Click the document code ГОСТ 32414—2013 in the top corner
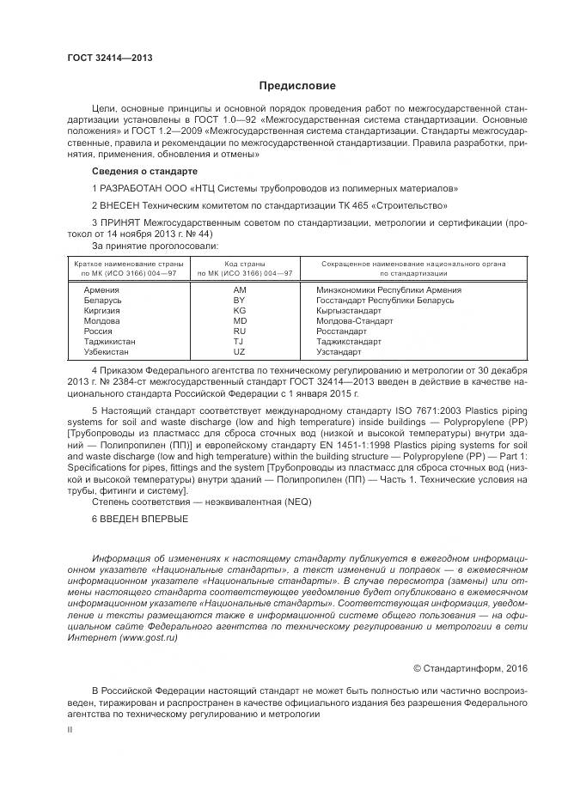110,57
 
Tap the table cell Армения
101,290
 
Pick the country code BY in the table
239,301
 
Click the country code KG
239,311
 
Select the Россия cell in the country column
98,332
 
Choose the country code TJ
239,342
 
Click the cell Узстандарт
339,352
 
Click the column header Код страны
245,264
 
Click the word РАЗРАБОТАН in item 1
131,187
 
